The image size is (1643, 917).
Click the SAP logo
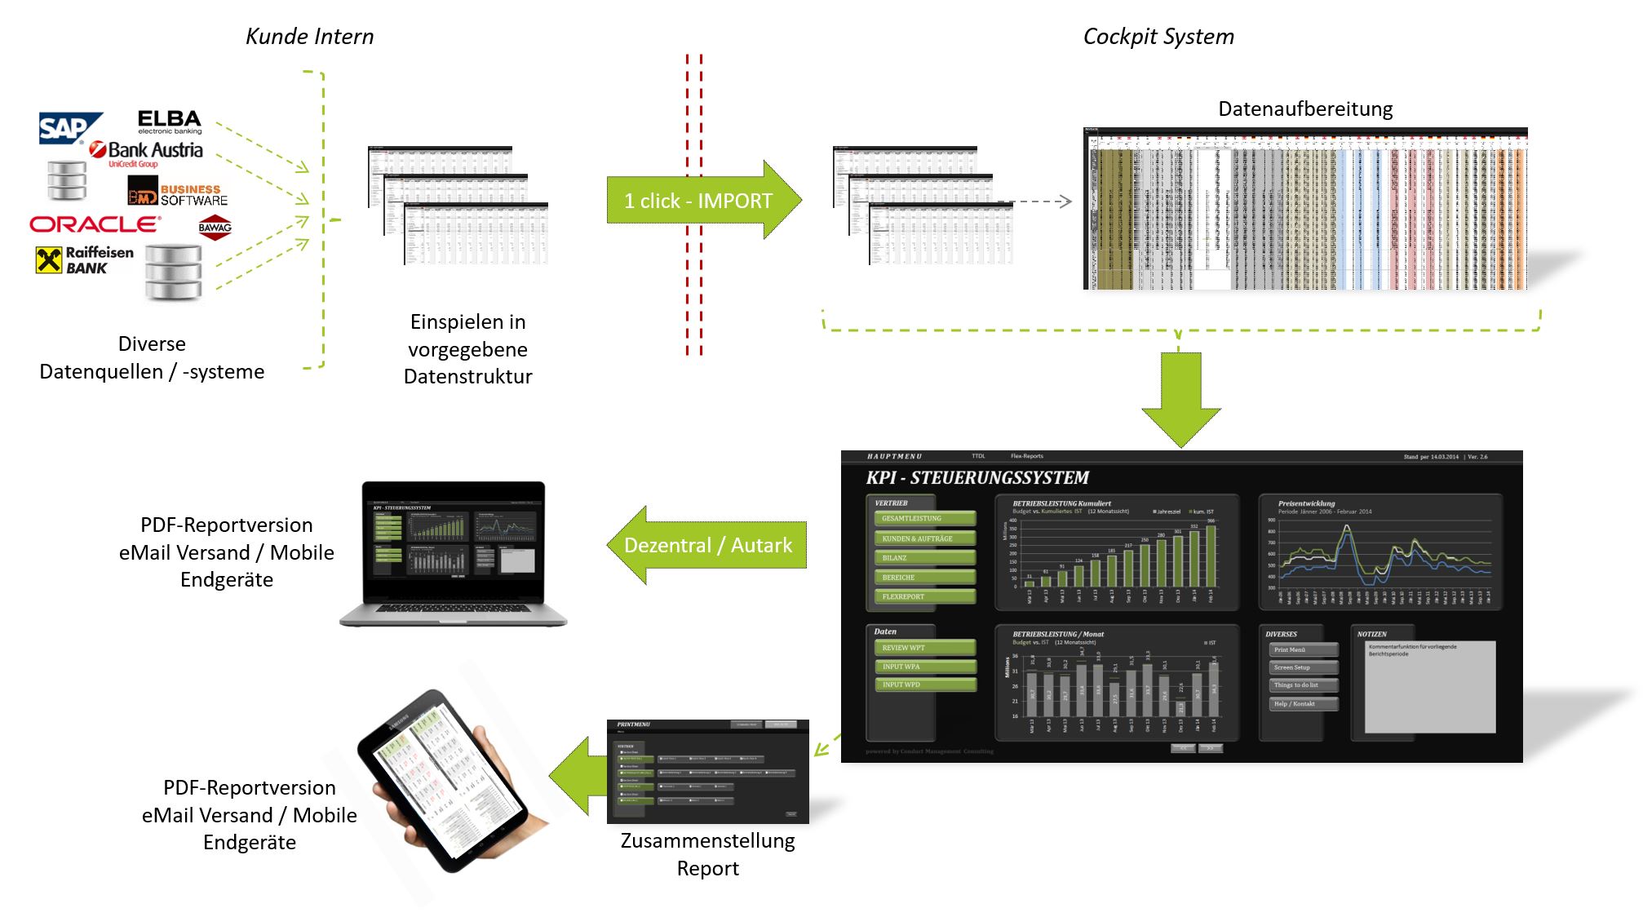coord(69,128)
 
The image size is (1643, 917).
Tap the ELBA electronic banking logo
coord(169,122)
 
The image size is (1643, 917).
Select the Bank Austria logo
coord(147,152)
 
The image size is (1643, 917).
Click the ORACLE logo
coord(95,224)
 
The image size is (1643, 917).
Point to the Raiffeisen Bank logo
coord(85,260)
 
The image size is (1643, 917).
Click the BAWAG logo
coord(215,228)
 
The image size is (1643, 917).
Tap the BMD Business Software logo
coord(178,194)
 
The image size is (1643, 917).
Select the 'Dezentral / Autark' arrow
coord(706,545)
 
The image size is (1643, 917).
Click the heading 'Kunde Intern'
coord(309,37)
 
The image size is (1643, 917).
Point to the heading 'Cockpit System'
coord(1158,37)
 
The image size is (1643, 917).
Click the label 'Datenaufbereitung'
coord(1304,109)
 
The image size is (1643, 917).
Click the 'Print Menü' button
coord(1303,649)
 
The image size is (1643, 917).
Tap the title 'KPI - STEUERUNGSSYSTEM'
coord(977,478)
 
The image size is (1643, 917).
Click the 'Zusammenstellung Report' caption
coord(707,854)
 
